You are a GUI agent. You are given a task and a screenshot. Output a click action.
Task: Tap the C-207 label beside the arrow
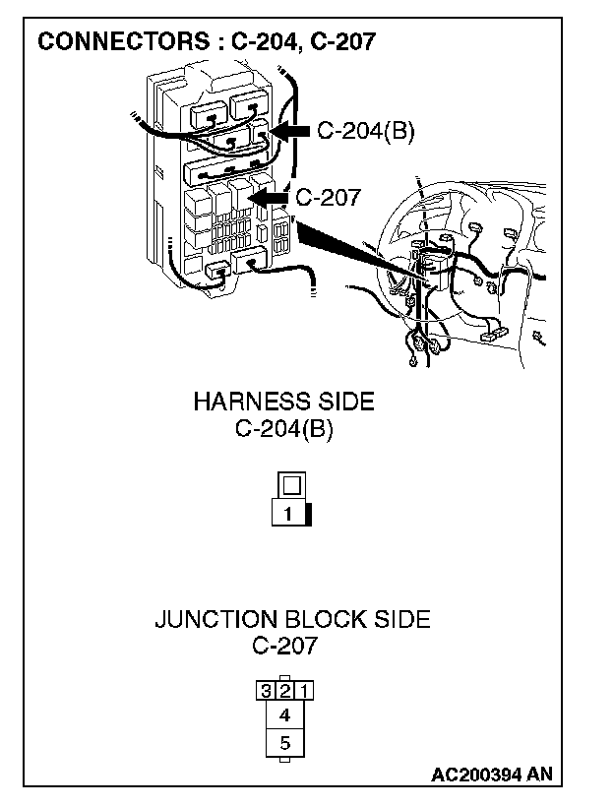pos(329,196)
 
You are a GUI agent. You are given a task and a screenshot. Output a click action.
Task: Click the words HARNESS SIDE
pos(283,402)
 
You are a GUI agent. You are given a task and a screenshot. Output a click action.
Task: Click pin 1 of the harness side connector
pos(287,514)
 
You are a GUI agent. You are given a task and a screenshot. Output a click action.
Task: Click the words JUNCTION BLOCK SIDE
pos(292,619)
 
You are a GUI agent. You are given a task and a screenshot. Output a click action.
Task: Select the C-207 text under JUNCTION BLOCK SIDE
pos(284,647)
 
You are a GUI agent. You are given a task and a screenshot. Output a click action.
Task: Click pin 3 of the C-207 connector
pos(266,690)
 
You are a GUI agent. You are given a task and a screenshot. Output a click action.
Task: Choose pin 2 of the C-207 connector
pos(284,690)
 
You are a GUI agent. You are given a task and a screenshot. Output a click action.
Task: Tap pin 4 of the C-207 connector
pos(284,715)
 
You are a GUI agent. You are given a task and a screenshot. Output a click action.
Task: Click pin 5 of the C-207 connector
pos(284,743)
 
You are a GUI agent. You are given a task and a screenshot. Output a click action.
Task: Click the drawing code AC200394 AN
pos(491,776)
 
